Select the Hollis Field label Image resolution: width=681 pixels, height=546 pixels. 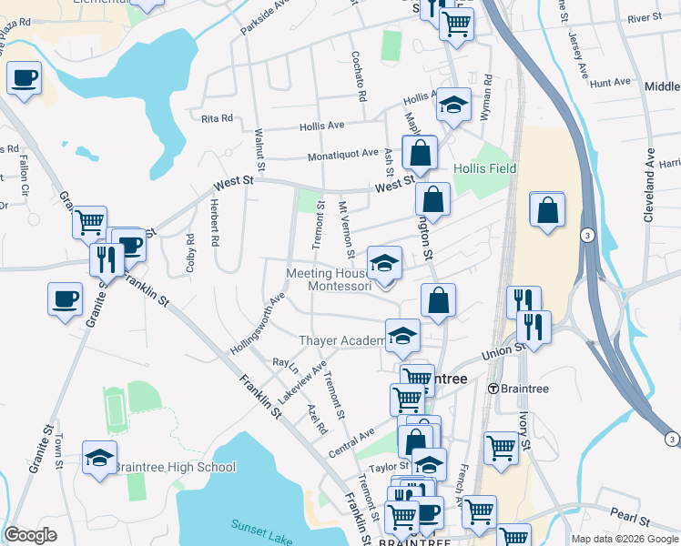click(485, 168)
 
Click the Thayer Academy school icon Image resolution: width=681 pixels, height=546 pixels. click(401, 337)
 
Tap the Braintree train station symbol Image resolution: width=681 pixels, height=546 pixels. click(493, 388)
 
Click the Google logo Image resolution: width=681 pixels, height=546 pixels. click(30, 535)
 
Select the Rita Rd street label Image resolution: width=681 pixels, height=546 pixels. click(218, 118)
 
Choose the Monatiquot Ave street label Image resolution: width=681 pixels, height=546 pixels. click(342, 154)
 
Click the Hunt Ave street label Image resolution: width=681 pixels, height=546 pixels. click(610, 83)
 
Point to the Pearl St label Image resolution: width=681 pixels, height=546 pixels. click(631, 522)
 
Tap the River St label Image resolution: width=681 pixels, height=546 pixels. click(644, 17)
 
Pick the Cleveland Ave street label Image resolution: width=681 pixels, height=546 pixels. click(649, 186)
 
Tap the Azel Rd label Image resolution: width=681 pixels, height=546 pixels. click(317, 418)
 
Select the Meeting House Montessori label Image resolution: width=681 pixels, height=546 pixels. click(330, 279)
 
